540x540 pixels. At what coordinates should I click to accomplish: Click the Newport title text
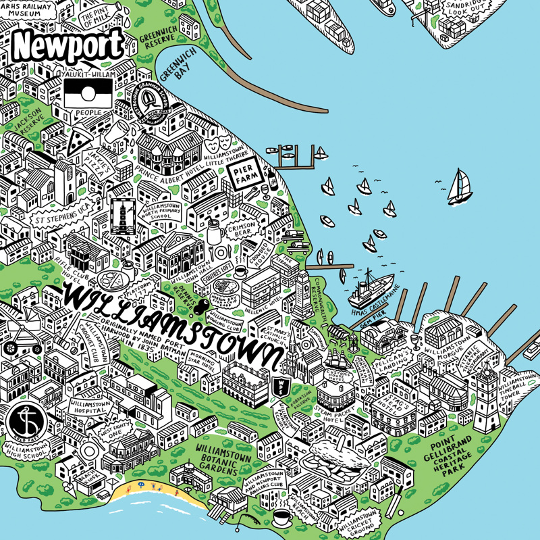68,45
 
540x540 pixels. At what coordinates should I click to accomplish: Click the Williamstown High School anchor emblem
25,422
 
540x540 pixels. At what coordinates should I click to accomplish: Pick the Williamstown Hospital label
87,406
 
